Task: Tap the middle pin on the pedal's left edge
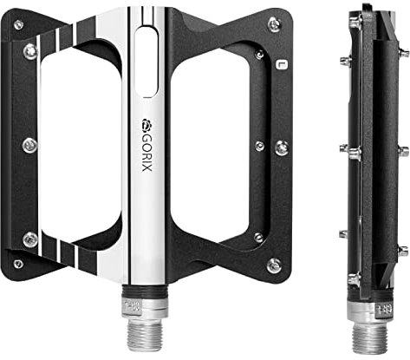[30, 144]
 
